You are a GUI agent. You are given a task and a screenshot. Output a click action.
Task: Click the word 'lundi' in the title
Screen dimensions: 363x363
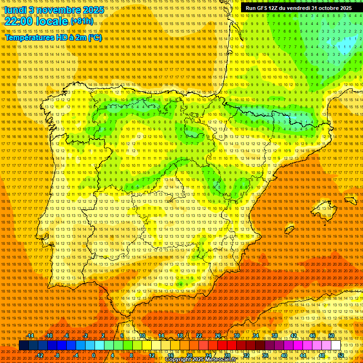tap(14, 9)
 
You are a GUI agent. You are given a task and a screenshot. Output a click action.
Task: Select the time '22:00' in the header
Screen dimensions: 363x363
tap(19, 21)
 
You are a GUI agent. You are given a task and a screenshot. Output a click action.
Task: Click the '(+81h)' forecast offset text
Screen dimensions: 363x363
tap(82, 21)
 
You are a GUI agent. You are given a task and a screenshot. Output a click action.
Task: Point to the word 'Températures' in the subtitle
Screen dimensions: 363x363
tap(27, 37)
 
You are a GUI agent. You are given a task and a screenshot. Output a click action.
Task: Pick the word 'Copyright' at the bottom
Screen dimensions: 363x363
tap(179, 360)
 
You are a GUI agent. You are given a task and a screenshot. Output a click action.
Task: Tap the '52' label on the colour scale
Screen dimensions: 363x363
tap(341, 355)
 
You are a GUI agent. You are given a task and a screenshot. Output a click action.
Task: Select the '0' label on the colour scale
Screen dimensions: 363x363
tap(94, 355)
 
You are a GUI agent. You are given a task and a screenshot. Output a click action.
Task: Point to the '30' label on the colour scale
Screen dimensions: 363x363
tap(236, 336)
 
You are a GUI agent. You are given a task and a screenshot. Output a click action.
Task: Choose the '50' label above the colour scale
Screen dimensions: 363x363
tap(331, 336)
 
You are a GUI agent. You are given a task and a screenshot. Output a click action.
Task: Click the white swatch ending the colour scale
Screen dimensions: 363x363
tap(336, 346)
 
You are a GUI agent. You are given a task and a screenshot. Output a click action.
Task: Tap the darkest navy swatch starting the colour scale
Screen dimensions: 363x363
tap(24, 346)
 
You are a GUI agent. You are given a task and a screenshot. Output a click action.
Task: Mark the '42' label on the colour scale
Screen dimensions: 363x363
tap(294, 336)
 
